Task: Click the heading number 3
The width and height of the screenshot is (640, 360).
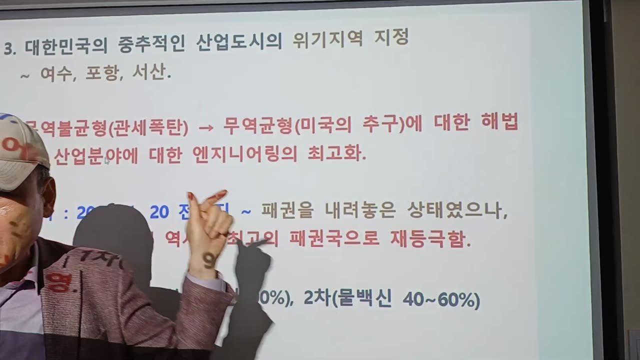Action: tap(8, 48)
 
